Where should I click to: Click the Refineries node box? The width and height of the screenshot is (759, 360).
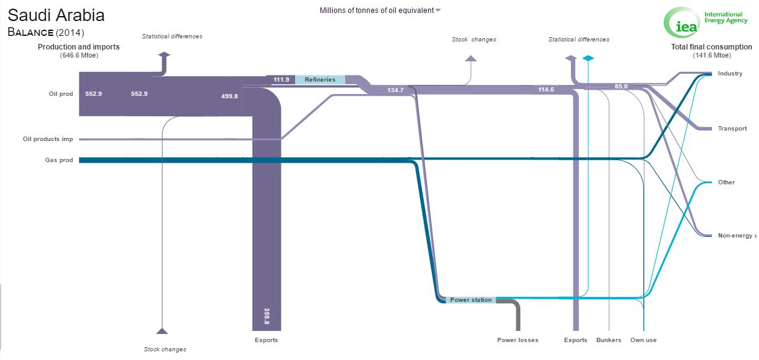pos(320,80)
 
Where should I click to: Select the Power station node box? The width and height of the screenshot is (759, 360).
pos(471,299)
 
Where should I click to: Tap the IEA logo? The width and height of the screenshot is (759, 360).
pos(705,22)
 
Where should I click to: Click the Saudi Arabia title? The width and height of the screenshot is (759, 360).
pos(56,15)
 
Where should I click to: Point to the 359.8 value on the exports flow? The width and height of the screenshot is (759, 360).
pos(267,316)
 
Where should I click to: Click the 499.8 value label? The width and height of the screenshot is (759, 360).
pos(229,96)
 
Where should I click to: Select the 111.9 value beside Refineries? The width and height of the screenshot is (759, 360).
pos(281,80)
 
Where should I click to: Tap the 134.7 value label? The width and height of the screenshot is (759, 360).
pos(395,90)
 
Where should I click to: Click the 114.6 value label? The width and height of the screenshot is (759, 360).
pos(546,90)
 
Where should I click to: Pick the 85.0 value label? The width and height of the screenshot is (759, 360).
pos(621,87)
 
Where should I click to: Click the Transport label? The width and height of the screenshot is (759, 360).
pos(732,129)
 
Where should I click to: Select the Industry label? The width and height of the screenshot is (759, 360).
pos(730,74)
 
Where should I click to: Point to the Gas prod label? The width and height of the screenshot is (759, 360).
pos(59,160)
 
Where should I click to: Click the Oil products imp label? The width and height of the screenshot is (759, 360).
pos(48,139)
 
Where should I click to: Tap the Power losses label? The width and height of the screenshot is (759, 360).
pos(517,340)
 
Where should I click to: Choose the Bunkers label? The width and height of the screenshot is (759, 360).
pos(609,340)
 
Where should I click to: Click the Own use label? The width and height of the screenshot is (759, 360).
pos(643,340)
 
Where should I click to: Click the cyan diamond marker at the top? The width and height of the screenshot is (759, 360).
pos(588,58)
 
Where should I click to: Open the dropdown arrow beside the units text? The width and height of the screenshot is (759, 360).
pos(438,11)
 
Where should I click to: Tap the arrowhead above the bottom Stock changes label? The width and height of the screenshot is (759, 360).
pos(162,331)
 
